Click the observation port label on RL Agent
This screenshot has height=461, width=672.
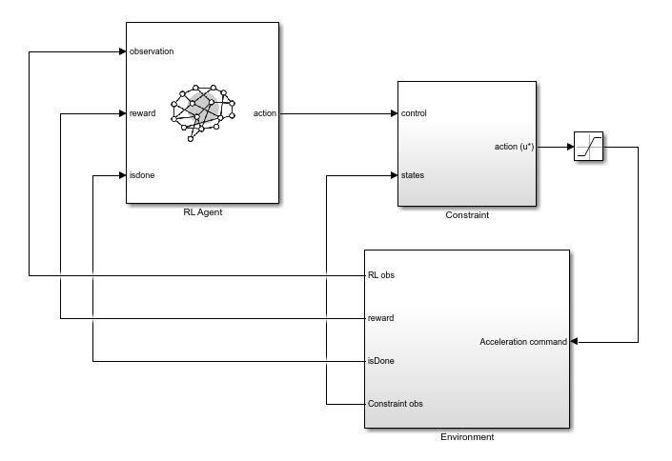[152, 51]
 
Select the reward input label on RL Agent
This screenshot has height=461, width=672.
[142, 113]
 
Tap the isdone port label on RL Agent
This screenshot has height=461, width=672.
[142, 175]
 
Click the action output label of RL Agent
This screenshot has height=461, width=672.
[264, 113]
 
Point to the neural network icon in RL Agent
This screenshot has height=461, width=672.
[202, 110]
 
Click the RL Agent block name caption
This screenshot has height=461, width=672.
[202, 212]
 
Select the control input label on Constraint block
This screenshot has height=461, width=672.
[414, 113]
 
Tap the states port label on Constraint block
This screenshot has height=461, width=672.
[413, 175]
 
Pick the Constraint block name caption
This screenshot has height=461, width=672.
[467, 215]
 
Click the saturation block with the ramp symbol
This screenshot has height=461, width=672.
[588, 148]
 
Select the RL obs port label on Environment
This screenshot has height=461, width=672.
[381, 275]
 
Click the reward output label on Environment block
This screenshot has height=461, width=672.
[381, 318]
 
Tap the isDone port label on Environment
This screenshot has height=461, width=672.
[381, 361]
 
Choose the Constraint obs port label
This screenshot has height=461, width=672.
[396, 404]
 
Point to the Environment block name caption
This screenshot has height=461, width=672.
[467, 437]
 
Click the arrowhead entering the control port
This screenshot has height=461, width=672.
[393, 113]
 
